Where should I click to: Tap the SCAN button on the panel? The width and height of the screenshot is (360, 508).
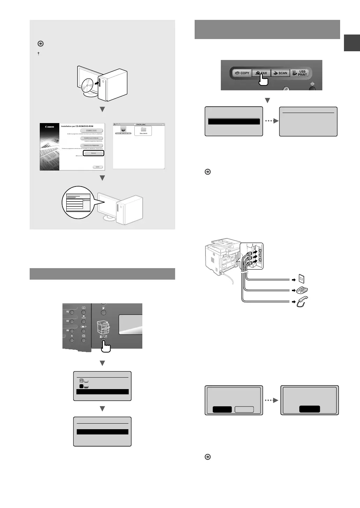pos(280,73)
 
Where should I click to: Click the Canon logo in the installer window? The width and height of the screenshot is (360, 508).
pos(50,127)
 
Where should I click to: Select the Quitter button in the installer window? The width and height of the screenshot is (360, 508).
pos(98,167)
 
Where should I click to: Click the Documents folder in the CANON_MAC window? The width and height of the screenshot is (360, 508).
pos(143,131)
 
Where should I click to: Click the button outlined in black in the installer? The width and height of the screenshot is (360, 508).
pos(93,153)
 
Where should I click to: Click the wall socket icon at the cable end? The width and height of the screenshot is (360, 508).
pos(302,279)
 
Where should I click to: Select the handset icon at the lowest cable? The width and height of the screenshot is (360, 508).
pos(301,301)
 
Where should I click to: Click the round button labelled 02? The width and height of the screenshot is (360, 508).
pos(72,312)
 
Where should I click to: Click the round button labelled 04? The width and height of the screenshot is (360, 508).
pos(72,322)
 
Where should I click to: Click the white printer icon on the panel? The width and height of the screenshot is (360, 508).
pos(104,327)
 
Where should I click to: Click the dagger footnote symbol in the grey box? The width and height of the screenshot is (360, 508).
pos(38,53)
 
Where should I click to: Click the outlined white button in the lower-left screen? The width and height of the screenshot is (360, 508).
pos(244,409)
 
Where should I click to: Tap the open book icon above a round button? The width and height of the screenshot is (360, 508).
pos(83,308)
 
